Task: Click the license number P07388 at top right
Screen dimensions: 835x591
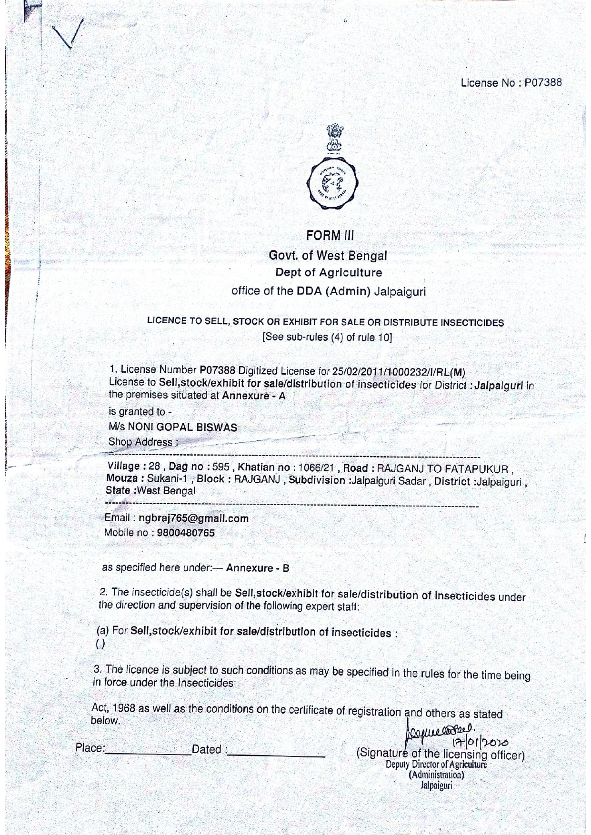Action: [x=543, y=82]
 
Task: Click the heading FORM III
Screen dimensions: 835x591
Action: [x=330, y=235]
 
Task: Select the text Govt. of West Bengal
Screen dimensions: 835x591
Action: [x=328, y=256]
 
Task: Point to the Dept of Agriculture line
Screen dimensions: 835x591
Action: [x=329, y=273]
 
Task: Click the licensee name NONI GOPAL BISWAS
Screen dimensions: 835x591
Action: [x=182, y=427]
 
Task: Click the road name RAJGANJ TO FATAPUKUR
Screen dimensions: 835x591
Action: [x=442, y=469]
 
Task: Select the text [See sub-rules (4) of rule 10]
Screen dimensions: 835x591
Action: [x=327, y=338]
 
